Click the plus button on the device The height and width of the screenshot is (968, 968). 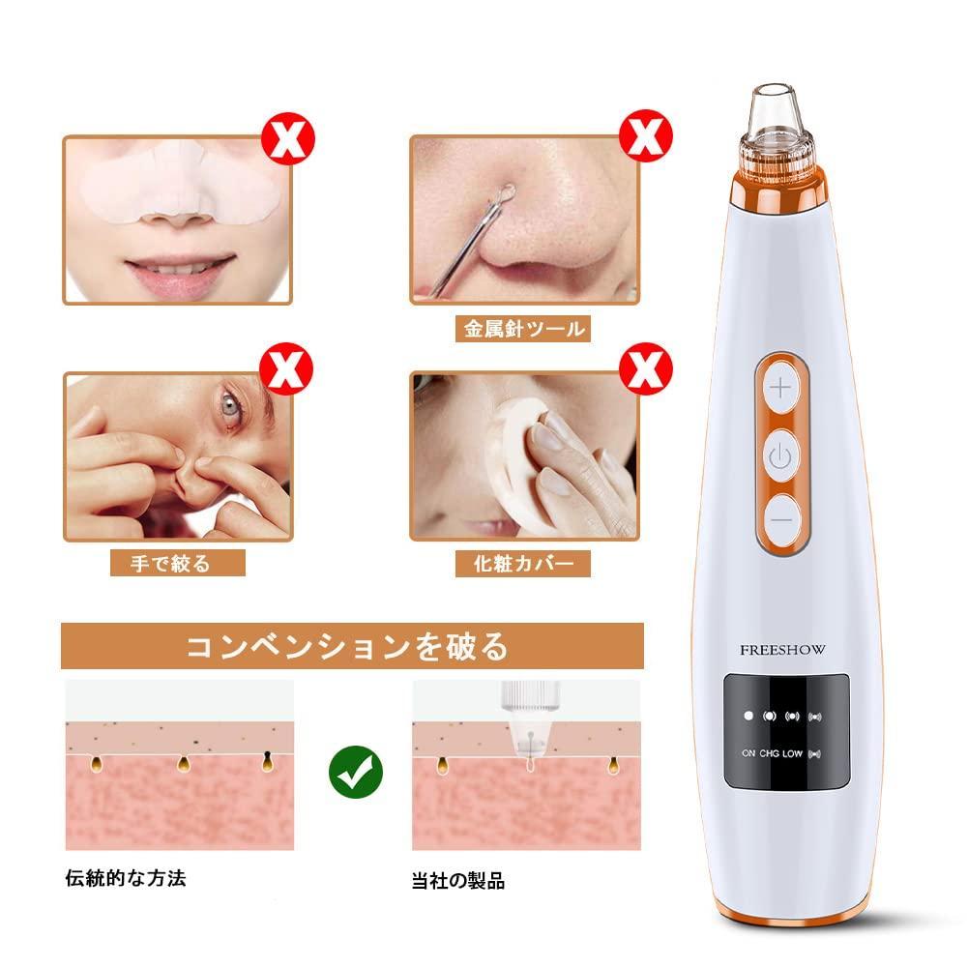point(781,389)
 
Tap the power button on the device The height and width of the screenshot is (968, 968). point(781,455)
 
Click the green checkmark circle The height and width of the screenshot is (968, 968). point(356,771)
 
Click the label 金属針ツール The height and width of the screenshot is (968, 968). point(523,329)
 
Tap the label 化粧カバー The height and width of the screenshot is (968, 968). point(523,562)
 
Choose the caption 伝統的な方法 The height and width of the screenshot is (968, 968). point(126,878)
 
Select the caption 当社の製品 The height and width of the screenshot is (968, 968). point(457,881)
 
